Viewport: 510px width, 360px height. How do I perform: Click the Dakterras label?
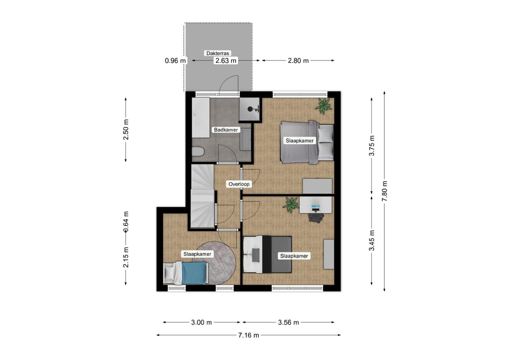(x=218, y=53)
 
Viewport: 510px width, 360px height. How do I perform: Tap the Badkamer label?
(x=226, y=130)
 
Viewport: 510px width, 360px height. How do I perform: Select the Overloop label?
(x=239, y=184)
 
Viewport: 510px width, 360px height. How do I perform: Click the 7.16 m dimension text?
(x=248, y=335)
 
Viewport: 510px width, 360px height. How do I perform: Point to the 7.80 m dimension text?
(x=385, y=191)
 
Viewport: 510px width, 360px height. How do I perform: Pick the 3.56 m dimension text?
(x=288, y=322)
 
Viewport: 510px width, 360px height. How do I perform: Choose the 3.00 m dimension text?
(x=201, y=322)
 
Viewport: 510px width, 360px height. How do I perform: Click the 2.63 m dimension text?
(x=226, y=60)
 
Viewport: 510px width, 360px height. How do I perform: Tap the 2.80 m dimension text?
(x=298, y=60)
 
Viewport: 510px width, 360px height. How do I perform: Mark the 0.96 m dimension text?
(x=175, y=60)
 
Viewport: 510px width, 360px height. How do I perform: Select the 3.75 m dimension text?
(x=372, y=146)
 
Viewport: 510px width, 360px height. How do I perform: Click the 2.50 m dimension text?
(x=126, y=129)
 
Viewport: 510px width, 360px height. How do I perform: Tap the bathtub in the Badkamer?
(x=201, y=117)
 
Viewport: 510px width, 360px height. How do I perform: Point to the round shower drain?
(x=250, y=109)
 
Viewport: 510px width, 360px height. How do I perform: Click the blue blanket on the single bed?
(x=195, y=273)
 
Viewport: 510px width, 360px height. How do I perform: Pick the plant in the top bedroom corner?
(x=323, y=106)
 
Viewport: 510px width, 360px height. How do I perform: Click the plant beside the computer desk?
(x=290, y=205)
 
